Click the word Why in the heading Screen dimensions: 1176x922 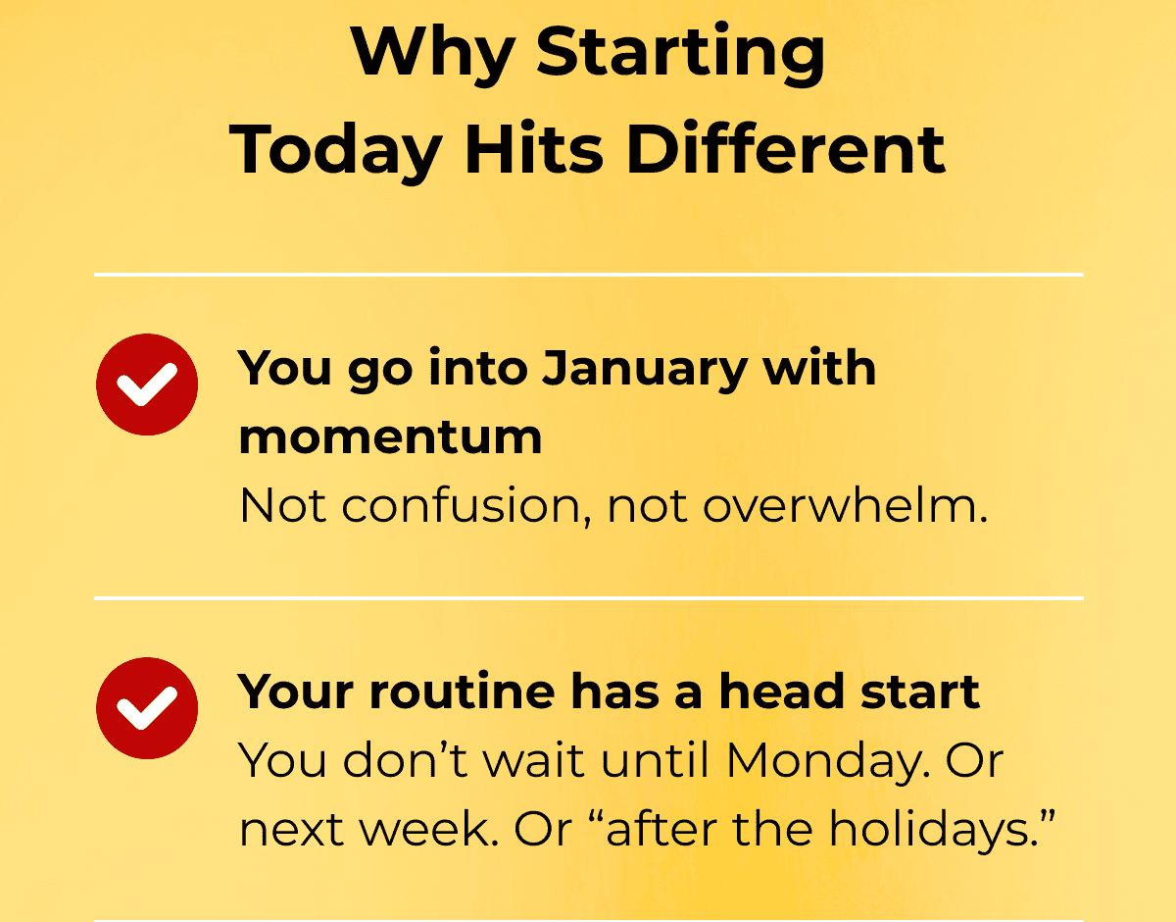[432, 54]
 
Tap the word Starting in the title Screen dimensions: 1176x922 [680, 54]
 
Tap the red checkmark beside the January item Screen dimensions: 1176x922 [147, 384]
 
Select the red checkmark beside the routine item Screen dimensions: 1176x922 [147, 708]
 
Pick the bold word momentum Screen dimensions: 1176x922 [390, 437]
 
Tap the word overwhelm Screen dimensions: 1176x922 [845, 505]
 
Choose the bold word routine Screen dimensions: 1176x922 [463, 691]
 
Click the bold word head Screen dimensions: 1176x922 [781, 691]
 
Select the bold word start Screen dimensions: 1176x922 [920, 692]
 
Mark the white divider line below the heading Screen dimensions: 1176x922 [589, 275]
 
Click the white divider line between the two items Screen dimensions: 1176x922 [589, 598]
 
